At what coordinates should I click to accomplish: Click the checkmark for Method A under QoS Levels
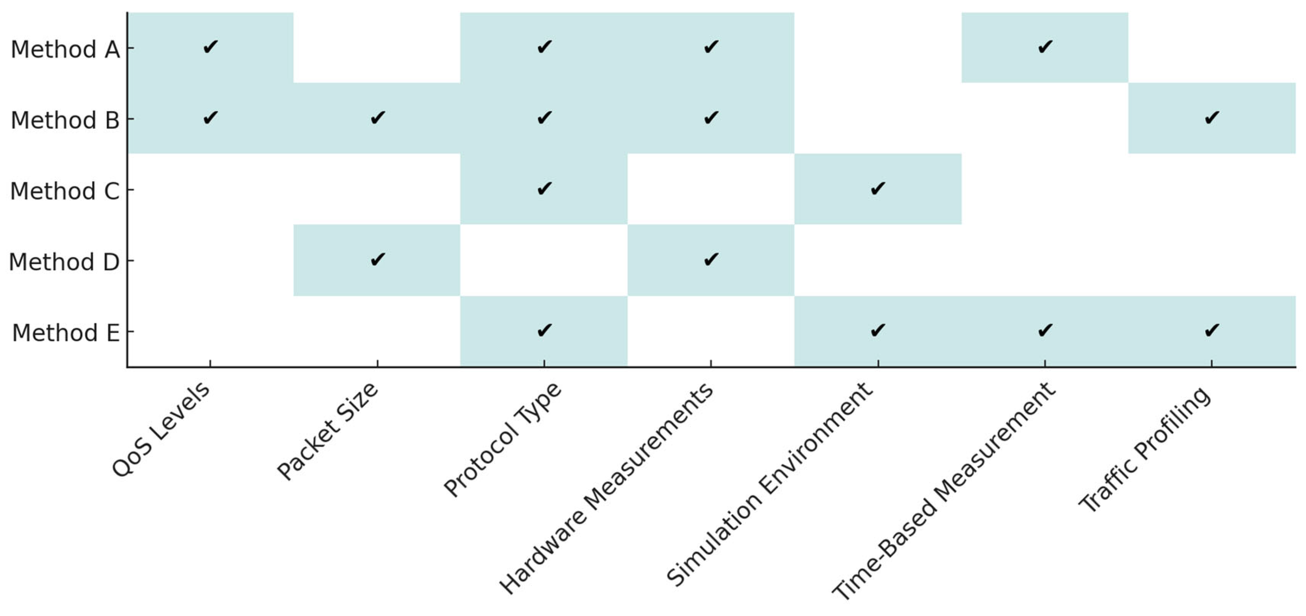210,47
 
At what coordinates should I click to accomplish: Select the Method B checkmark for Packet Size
378,118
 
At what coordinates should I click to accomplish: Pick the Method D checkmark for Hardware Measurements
711,260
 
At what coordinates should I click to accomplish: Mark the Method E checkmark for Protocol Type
544,331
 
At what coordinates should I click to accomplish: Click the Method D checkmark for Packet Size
378,260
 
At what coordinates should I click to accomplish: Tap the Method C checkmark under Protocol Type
544,189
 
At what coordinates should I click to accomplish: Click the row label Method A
65,50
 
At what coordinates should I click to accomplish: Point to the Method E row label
65,334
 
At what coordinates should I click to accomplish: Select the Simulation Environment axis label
770,484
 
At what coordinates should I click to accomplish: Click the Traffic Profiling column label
1145,450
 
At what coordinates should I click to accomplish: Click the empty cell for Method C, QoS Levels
210,189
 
